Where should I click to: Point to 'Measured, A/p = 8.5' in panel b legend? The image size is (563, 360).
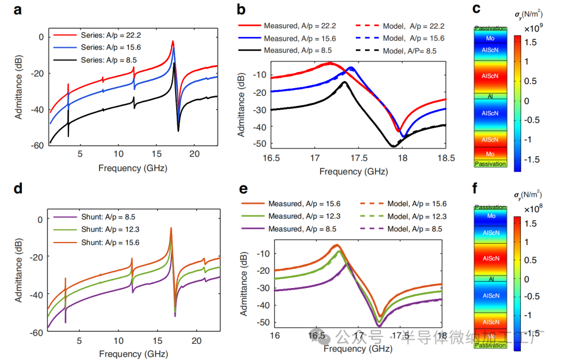(299, 51)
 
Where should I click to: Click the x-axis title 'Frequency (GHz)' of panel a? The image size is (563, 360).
(133, 168)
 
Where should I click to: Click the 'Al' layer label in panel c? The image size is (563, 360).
(490, 97)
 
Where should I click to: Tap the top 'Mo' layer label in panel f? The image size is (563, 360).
(491, 216)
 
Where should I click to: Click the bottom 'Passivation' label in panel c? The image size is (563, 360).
(490, 164)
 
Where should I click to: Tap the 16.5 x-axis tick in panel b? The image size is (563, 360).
(271, 157)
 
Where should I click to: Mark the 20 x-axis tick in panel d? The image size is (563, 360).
(196, 341)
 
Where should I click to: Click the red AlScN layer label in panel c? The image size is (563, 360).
(490, 77)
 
